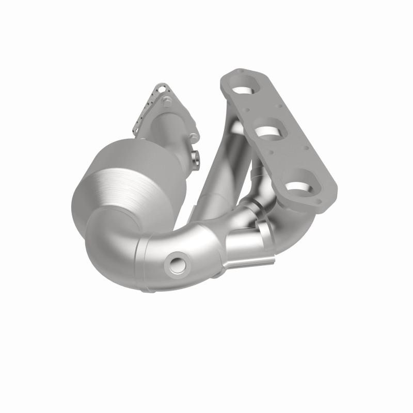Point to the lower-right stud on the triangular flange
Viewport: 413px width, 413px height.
(193, 137)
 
